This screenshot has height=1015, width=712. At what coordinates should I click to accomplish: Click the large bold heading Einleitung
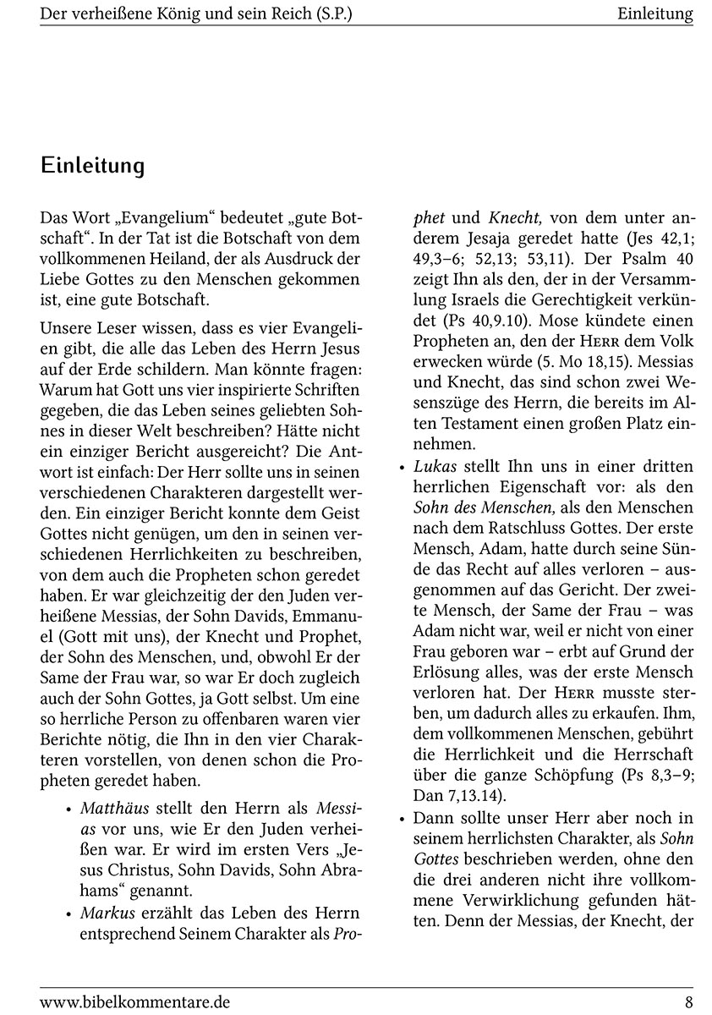[x=92, y=166]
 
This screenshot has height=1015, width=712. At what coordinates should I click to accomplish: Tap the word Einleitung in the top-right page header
[x=654, y=14]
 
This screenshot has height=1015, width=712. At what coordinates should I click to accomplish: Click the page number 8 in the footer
[x=688, y=1002]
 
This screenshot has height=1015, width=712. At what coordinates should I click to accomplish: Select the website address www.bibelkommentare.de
[x=134, y=1002]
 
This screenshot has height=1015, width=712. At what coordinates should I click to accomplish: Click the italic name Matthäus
[x=113, y=808]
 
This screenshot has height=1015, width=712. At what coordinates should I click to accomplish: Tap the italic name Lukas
[x=435, y=466]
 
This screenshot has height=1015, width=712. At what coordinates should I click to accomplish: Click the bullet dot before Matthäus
[x=68, y=809]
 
